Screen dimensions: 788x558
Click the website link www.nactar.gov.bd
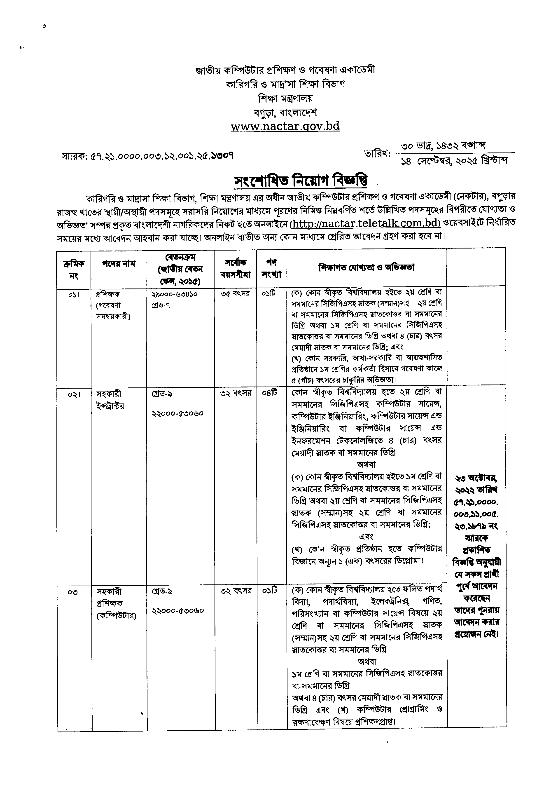pyautogui.click(x=285, y=127)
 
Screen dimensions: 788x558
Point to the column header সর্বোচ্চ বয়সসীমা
pyautogui.click(x=235, y=268)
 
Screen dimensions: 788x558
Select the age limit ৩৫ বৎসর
pyautogui.click(x=235, y=294)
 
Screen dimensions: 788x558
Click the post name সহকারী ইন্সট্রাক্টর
pyautogui.click(x=111, y=400)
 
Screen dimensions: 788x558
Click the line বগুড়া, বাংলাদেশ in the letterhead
pyautogui.click(x=285, y=112)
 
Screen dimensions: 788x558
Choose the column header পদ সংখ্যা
pyautogui.click(x=271, y=268)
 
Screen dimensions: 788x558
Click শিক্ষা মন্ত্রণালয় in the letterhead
pyautogui.click(x=285, y=98)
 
